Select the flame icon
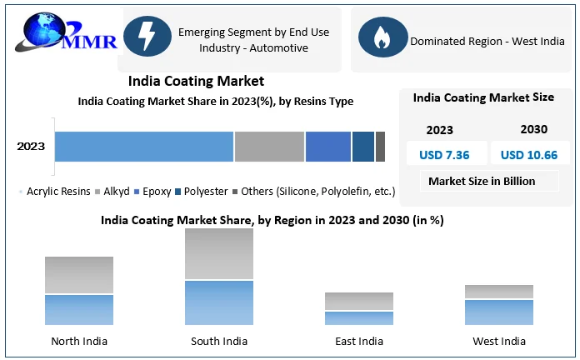click(382, 37)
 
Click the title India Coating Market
click(196, 81)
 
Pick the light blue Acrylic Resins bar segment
click(144, 147)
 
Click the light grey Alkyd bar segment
click(269, 147)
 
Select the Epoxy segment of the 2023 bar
click(327, 147)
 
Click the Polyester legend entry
click(205, 192)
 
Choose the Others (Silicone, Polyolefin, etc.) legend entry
click(317, 192)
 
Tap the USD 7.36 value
click(444, 154)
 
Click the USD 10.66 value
click(529, 154)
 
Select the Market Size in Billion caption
click(482, 181)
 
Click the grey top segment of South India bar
click(219, 254)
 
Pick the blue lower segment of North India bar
click(79, 309)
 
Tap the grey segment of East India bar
click(359, 301)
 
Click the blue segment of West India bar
click(498, 312)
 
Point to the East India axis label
click(359, 341)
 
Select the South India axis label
click(219, 341)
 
